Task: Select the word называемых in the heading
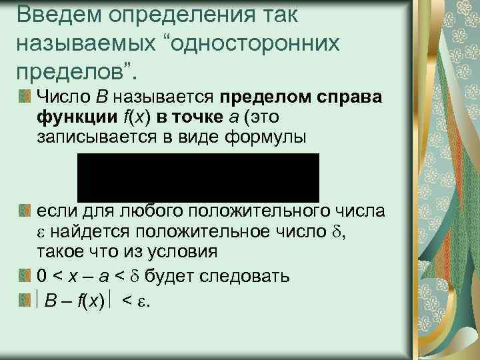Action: click(x=89, y=43)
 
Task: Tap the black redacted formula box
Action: click(x=199, y=177)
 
